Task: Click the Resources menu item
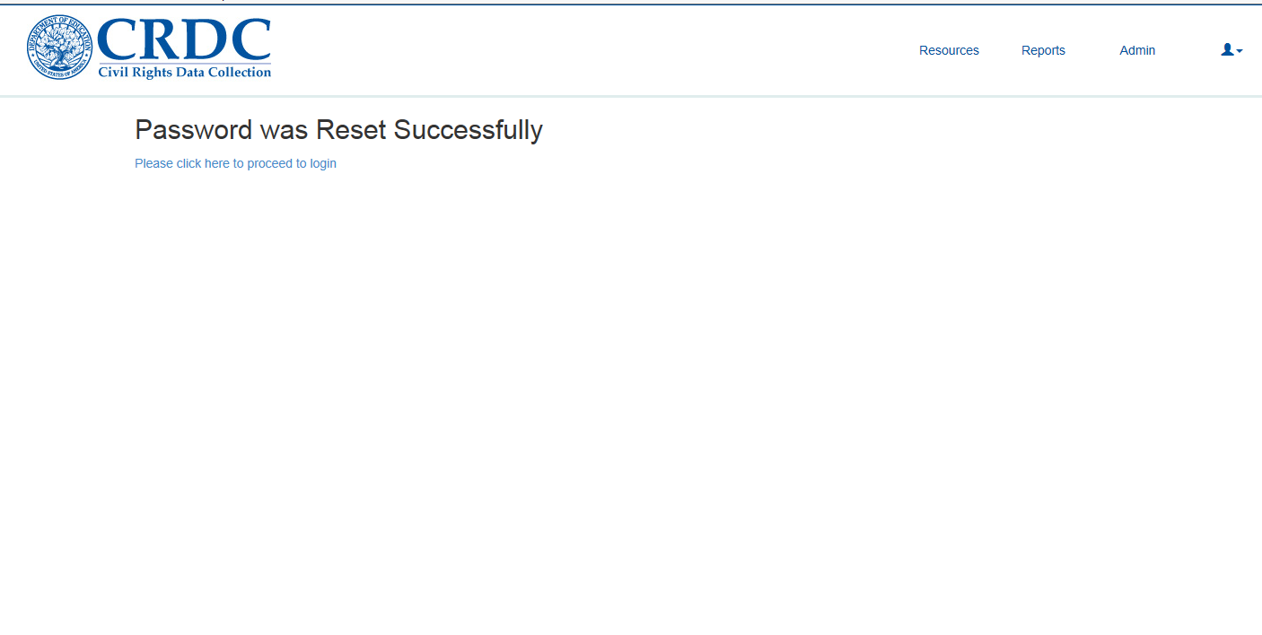coord(949,50)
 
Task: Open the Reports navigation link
coord(1043,50)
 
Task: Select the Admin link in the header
coord(1137,50)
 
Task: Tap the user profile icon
coord(1227,50)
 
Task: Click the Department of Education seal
coord(60,48)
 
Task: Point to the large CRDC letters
coord(184,39)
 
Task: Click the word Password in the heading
coord(193,130)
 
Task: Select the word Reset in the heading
coord(350,130)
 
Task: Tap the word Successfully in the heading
coord(469,131)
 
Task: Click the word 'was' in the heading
coord(284,131)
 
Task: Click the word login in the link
coord(323,164)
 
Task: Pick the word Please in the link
coord(153,163)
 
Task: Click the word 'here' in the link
coord(217,163)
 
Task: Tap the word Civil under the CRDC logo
coord(113,72)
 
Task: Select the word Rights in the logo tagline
coord(152,73)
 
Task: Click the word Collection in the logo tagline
coord(240,72)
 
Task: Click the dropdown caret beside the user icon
coord(1239,51)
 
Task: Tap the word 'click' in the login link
coord(188,163)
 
